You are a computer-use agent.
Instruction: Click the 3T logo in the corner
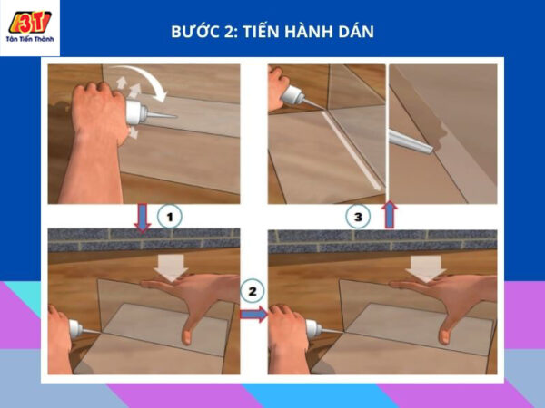30,22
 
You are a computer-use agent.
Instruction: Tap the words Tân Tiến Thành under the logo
30,39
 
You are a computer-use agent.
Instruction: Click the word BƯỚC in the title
191,31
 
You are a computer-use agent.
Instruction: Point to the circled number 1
169,217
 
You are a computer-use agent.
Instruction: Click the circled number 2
252,291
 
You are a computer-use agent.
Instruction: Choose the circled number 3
358,217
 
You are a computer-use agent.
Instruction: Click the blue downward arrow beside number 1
143,218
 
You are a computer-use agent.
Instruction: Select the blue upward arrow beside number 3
390,214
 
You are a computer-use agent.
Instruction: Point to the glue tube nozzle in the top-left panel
161,115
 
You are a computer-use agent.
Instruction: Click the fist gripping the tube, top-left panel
98,111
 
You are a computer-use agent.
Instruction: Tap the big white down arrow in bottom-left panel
171,267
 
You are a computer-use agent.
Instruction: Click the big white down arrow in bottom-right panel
425,267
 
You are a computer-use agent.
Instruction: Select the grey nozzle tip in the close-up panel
411,141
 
